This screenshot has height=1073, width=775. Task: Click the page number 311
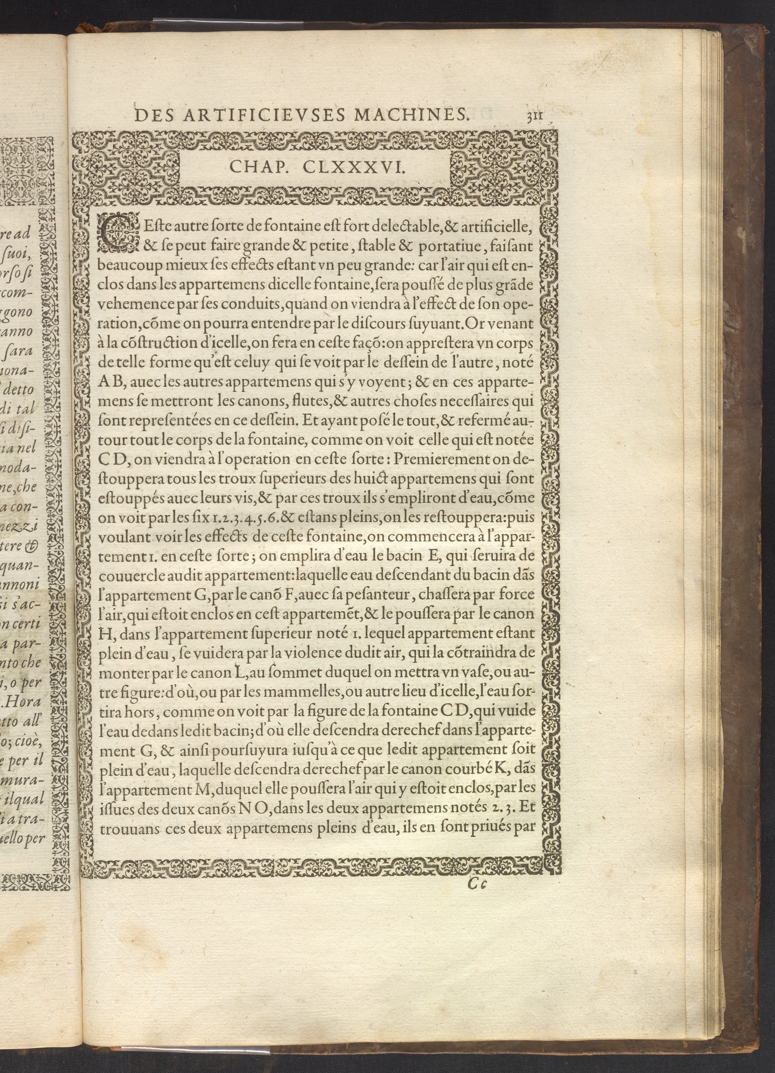pyautogui.click(x=535, y=116)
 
